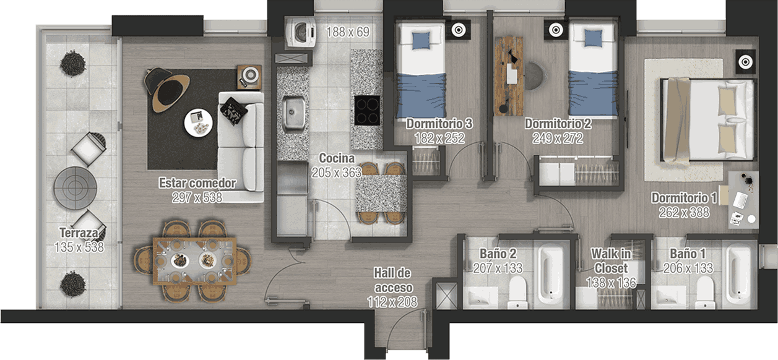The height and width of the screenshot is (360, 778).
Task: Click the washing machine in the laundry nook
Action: click(x=300, y=32)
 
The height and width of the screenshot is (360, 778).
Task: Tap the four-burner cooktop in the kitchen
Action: click(x=367, y=110)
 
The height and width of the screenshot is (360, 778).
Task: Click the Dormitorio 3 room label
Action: click(x=439, y=124)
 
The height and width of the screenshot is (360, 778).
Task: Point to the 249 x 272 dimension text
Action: click(x=558, y=139)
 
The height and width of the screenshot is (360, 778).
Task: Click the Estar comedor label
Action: click(x=197, y=183)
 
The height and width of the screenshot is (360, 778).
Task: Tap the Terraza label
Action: click(x=79, y=233)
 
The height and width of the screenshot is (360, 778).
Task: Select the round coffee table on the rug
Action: click(x=198, y=123)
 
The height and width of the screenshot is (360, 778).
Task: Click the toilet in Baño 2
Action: click(x=518, y=292)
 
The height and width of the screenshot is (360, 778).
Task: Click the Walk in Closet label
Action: click(x=611, y=260)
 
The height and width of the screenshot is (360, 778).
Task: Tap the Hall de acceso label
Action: click(x=393, y=280)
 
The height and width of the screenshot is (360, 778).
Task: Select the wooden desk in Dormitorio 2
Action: click(x=509, y=76)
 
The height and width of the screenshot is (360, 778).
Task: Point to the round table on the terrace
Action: click(x=75, y=188)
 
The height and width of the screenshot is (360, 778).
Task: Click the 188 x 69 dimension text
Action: click(x=348, y=32)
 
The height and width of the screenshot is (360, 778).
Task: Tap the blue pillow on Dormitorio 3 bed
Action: click(x=421, y=40)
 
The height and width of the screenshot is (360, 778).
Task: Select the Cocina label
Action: click(x=337, y=158)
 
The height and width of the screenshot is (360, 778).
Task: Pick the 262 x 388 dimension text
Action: click(x=684, y=212)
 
